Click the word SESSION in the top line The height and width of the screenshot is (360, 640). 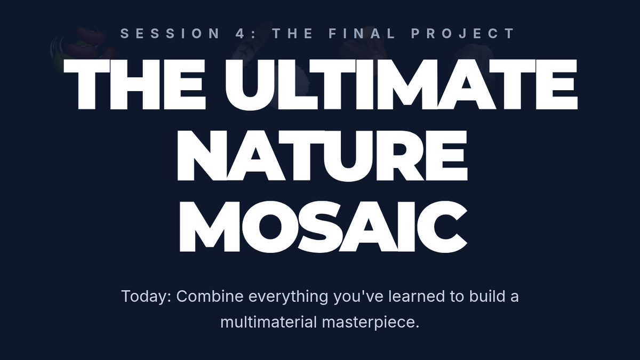pyautogui.click(x=170, y=34)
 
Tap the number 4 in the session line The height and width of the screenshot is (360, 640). pyautogui.click(x=241, y=34)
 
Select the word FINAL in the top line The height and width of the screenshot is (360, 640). pyautogui.click(x=362, y=34)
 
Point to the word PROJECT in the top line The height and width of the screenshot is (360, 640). pyautogui.click(x=462, y=34)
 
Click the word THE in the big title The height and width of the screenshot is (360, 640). pyautogui.click(x=134, y=84)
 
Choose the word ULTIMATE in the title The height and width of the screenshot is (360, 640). pyautogui.click(x=402, y=84)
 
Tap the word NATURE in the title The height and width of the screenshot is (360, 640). pyautogui.click(x=322, y=155)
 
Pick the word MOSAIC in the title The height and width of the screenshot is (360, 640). pyautogui.click(x=323, y=227)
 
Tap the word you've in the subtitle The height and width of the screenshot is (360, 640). pyautogui.click(x=358, y=297)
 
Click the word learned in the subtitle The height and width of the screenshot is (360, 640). pyautogui.click(x=417, y=296)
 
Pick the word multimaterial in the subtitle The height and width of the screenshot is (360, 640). pyautogui.click(x=268, y=322)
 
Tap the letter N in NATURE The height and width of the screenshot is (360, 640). pyautogui.click(x=202, y=156)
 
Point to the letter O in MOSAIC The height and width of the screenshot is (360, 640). pyautogui.click(x=270, y=227)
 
